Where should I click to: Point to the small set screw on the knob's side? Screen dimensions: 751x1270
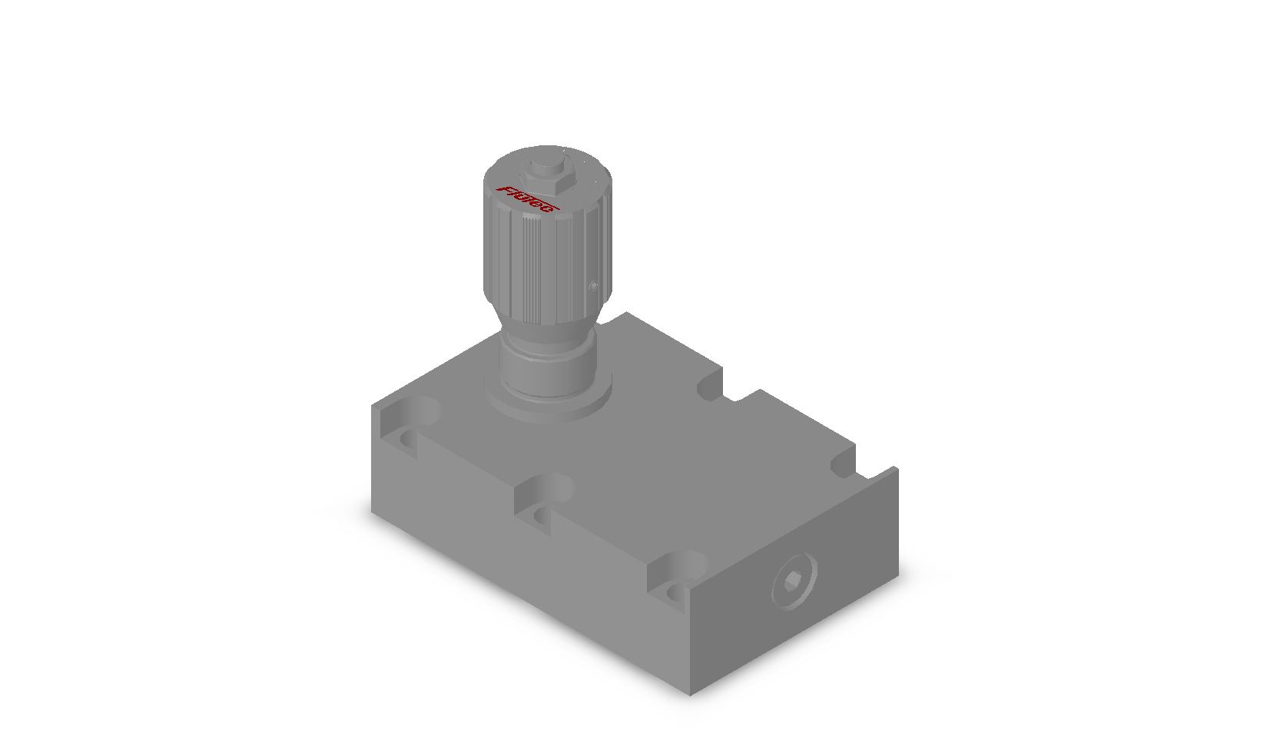click(x=592, y=287)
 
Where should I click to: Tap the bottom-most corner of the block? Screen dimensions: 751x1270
click(x=689, y=694)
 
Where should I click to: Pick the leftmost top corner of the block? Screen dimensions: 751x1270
click(x=373, y=406)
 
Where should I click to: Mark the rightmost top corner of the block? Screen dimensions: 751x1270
click(x=897, y=467)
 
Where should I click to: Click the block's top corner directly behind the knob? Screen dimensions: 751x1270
click(x=628, y=313)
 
